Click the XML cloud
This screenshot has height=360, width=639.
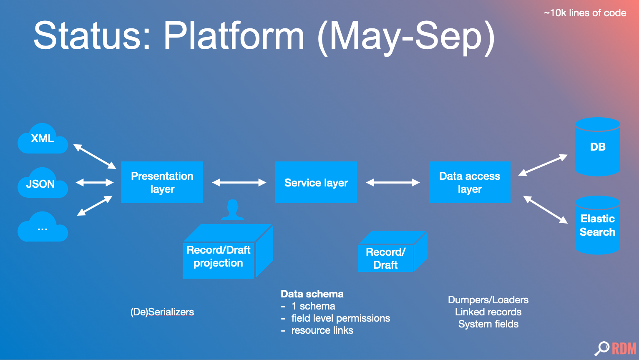[x=43, y=139]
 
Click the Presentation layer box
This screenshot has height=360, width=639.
[x=162, y=182]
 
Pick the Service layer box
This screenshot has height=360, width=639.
[x=316, y=182]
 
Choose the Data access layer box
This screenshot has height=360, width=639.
[x=469, y=182]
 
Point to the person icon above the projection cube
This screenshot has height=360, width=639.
[x=232, y=209]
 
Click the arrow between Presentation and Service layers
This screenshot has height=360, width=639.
[x=239, y=182]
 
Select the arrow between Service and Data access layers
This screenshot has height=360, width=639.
[x=392, y=182]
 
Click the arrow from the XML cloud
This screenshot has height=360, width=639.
[x=95, y=156]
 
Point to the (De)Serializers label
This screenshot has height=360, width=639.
[x=162, y=312]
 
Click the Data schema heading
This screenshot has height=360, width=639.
[x=312, y=294]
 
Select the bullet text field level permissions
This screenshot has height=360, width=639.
[x=340, y=318]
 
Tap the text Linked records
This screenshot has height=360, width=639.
[x=488, y=312]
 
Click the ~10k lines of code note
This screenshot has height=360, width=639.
[x=585, y=13]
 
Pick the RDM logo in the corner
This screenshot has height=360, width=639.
[x=616, y=348]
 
